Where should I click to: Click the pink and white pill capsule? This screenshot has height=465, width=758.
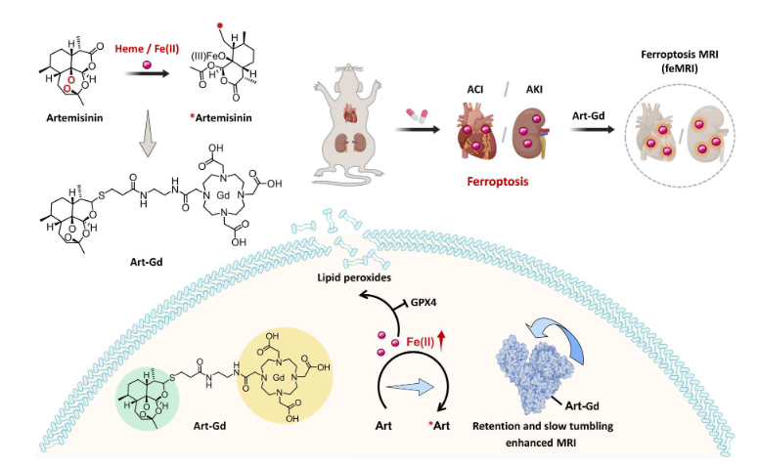(419, 114)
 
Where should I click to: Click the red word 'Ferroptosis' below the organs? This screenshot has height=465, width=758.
(502, 181)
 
